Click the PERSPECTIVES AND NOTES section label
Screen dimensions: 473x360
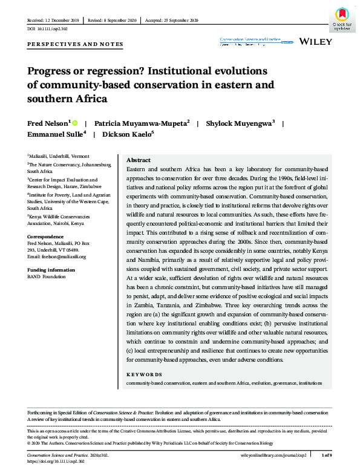pos(76,44)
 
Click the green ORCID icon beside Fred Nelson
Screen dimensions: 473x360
pos(75,123)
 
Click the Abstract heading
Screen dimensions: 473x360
pos(138,160)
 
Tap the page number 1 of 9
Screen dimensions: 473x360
pos(326,454)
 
